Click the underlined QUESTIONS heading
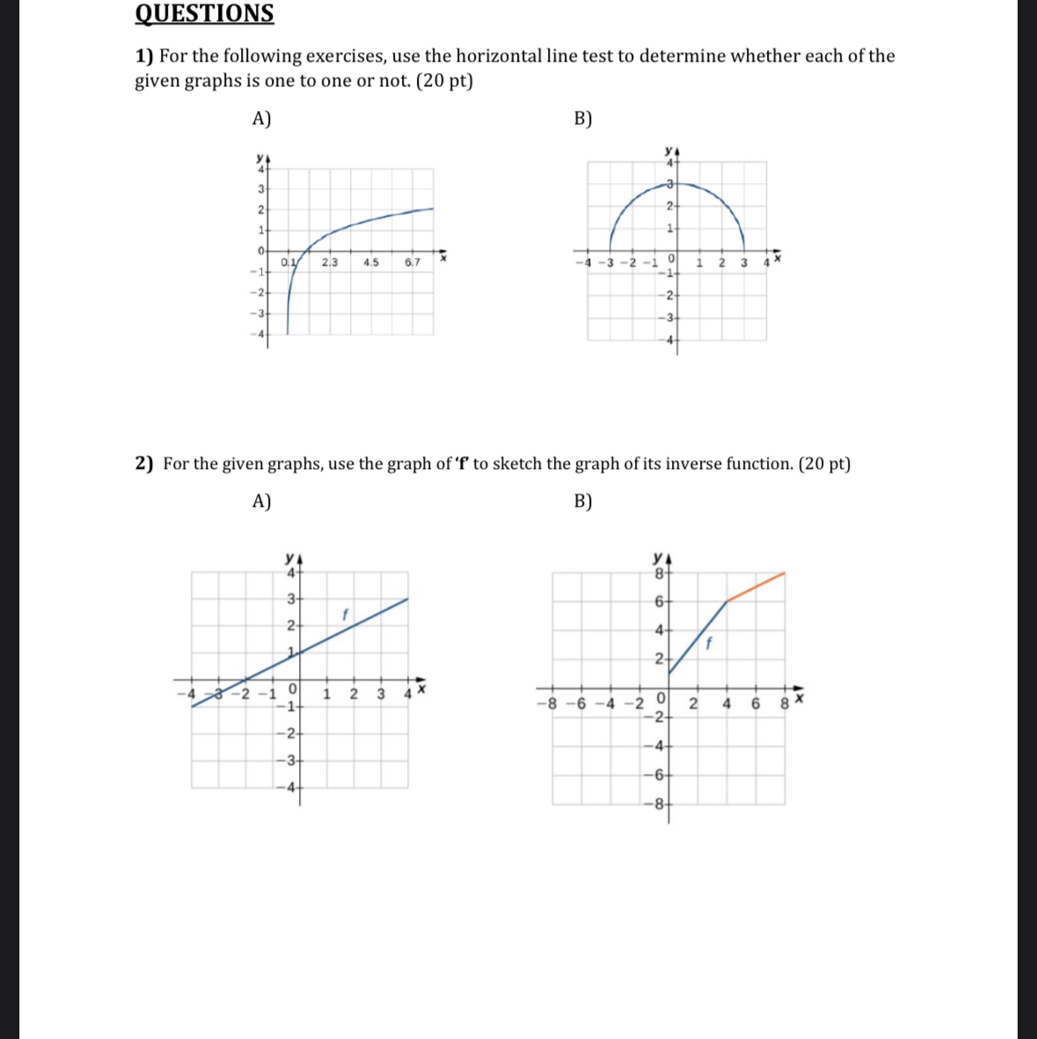pyautogui.click(x=204, y=14)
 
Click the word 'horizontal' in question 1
pyautogui.click(x=480, y=56)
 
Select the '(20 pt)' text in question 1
pyautogui.click(x=442, y=81)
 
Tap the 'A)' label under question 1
pyautogui.click(x=261, y=119)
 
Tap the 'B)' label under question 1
pyautogui.click(x=583, y=119)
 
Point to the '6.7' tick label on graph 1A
pyautogui.click(x=413, y=262)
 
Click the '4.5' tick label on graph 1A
pyautogui.click(x=370, y=262)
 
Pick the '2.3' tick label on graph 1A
pyautogui.click(x=330, y=262)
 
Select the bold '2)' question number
pyautogui.click(x=145, y=464)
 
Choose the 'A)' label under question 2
pyautogui.click(x=261, y=501)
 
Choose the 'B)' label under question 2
pyautogui.click(x=583, y=501)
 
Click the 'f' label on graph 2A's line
pyautogui.click(x=346, y=613)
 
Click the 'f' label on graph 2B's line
pyautogui.click(x=709, y=643)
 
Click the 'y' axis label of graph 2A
pyautogui.click(x=289, y=557)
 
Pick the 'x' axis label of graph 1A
pyautogui.click(x=443, y=259)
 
